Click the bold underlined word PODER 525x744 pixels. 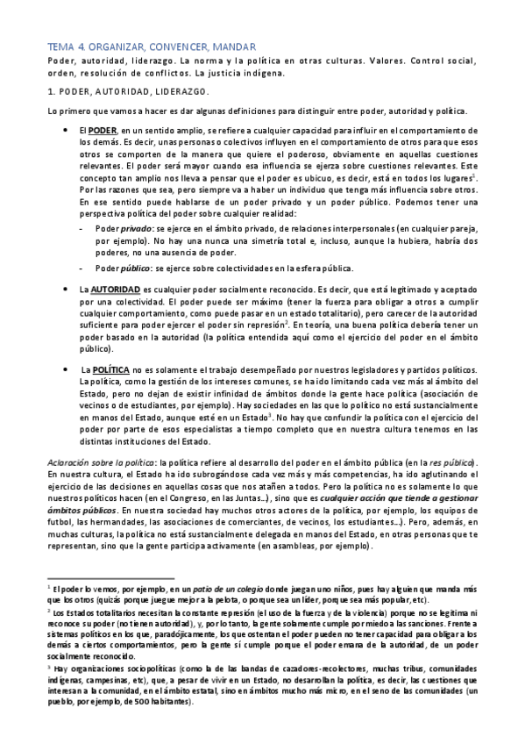point(103,130)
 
